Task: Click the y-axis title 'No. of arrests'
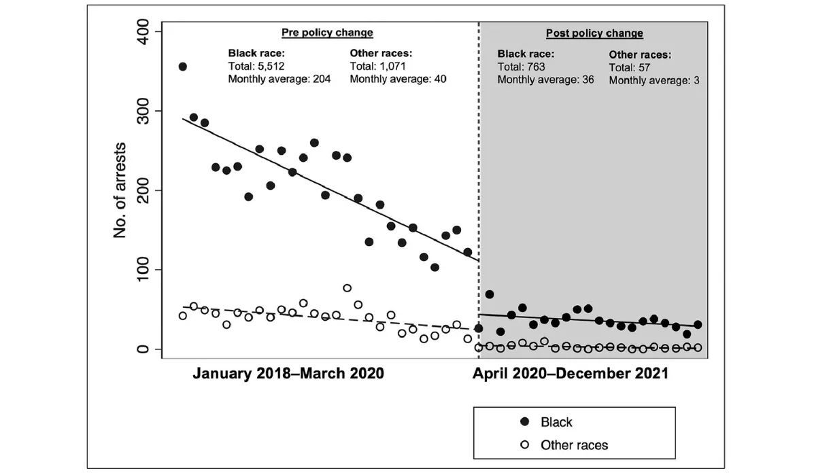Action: tap(121, 190)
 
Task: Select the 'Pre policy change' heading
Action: tap(327, 33)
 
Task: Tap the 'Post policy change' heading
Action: tap(594, 33)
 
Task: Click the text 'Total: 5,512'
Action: tap(256, 66)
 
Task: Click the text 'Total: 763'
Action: tap(521, 67)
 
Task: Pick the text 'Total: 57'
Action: tap(629, 67)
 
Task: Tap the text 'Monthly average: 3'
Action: tap(653, 80)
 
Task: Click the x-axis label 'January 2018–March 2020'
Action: tap(288, 373)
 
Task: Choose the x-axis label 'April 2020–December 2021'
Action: tap(571, 373)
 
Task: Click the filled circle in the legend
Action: tap(524, 423)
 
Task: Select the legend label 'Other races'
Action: tap(574, 446)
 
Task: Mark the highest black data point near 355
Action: tap(182, 67)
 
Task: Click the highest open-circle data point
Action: tap(347, 288)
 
